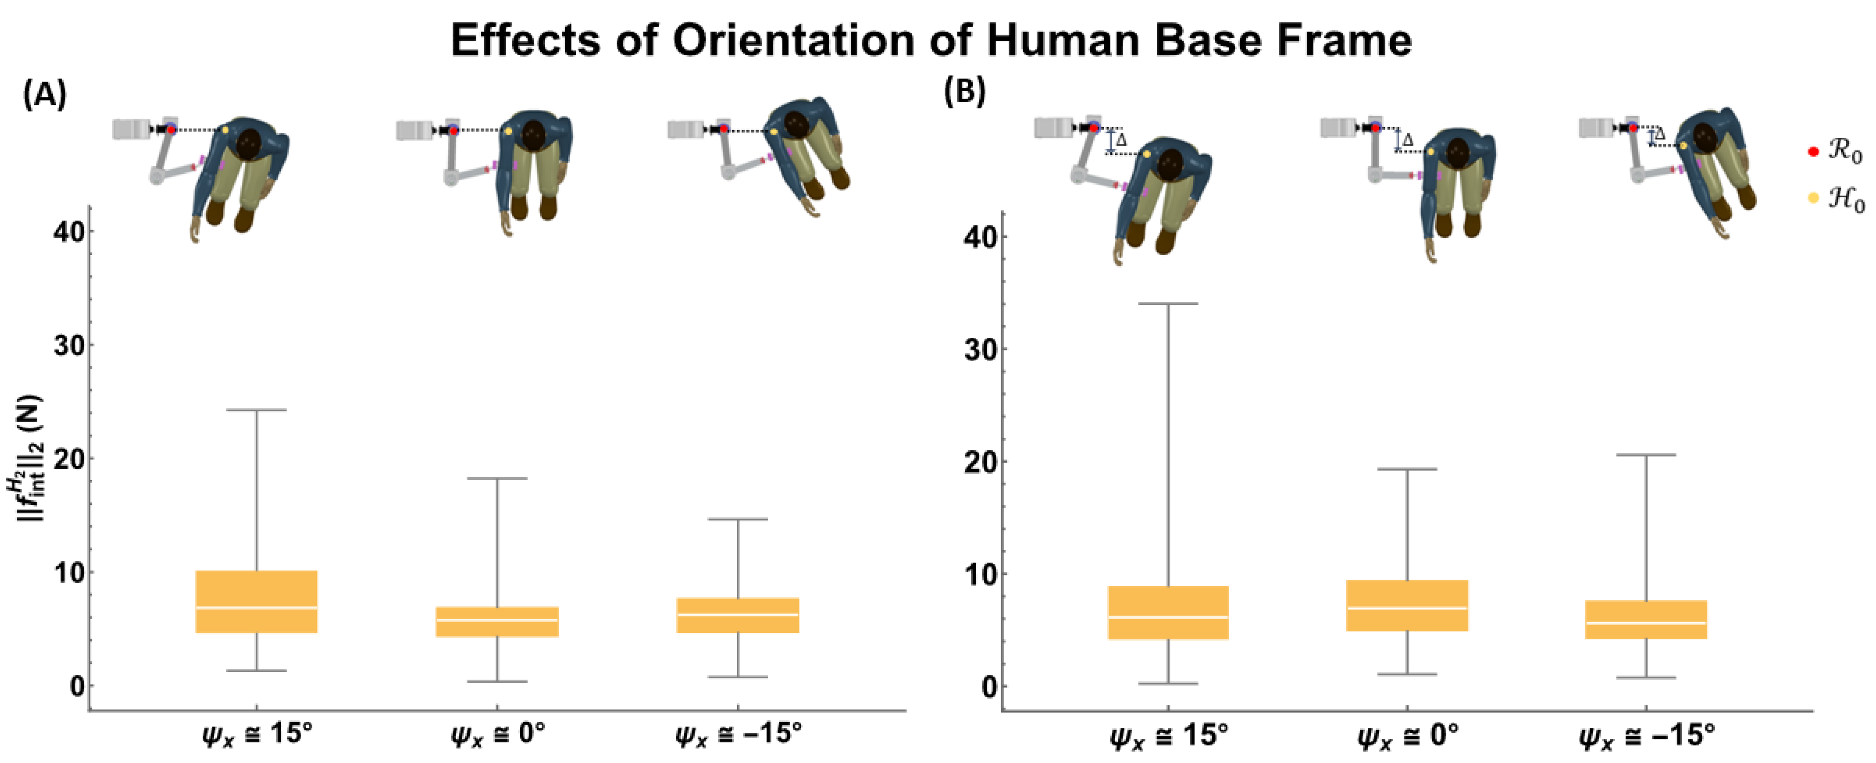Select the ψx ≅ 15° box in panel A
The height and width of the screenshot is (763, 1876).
point(256,601)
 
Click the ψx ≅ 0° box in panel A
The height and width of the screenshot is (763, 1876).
point(497,621)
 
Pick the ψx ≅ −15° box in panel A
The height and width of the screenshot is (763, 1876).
point(738,615)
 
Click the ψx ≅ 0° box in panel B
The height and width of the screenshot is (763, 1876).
point(1407,605)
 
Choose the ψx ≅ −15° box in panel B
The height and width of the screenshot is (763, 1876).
point(1646,619)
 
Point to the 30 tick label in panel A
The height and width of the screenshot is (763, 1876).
point(69,345)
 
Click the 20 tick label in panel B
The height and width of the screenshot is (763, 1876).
point(980,462)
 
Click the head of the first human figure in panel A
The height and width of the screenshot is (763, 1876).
point(250,140)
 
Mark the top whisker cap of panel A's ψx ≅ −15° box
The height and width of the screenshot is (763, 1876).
point(738,520)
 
